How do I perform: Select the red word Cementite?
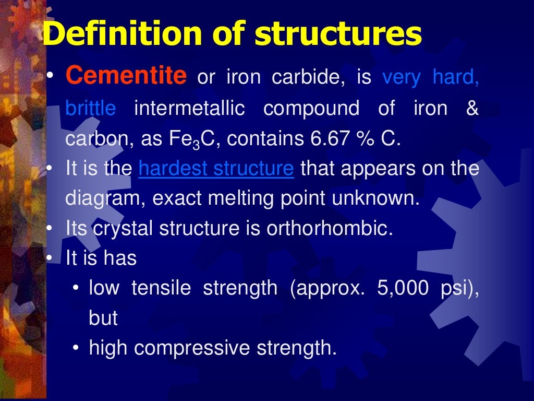coord(126,78)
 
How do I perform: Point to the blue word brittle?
coord(91,109)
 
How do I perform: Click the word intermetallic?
coord(189,109)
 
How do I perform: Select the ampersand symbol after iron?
coord(472,109)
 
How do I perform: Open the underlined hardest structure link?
coord(216,169)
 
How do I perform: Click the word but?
coord(103,318)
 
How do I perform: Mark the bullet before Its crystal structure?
coord(50,229)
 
